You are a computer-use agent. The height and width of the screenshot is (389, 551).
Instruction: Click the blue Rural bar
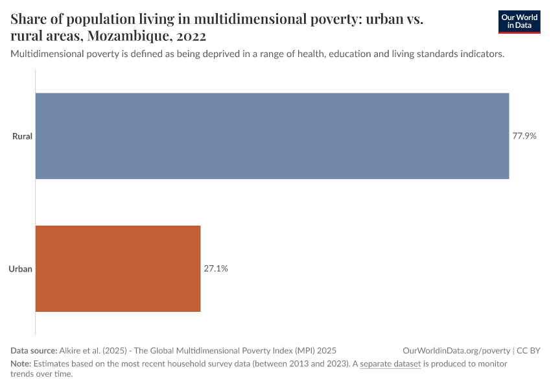(x=272, y=136)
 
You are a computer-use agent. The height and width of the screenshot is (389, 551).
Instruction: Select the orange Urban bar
(x=118, y=268)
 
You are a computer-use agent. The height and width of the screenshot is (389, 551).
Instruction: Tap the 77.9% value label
(x=524, y=136)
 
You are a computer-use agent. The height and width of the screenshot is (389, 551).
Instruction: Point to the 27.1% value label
(x=216, y=268)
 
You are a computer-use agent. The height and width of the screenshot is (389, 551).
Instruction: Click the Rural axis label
(x=22, y=136)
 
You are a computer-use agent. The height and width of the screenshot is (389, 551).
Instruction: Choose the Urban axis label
(x=21, y=268)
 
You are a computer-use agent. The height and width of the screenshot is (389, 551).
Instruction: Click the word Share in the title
(x=29, y=19)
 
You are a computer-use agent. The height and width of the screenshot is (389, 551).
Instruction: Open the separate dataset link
(x=391, y=364)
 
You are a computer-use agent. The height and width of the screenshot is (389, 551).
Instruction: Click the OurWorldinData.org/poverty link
(x=456, y=350)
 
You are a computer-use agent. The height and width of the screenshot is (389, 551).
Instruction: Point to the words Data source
(x=34, y=350)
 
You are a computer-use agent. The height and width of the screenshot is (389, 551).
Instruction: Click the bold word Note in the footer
(x=20, y=364)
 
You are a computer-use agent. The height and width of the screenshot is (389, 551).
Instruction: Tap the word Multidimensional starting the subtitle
(x=47, y=54)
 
